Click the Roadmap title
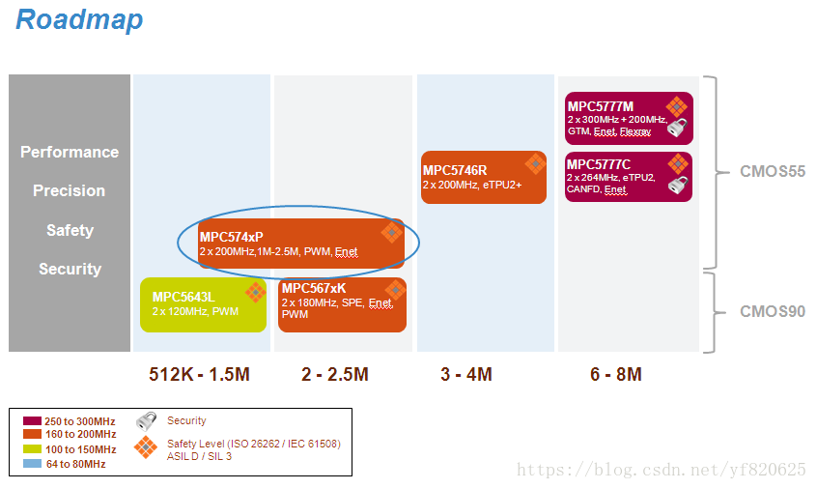[79, 19]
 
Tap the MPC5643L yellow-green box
[203, 304]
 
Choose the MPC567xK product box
[342, 304]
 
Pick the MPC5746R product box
[483, 177]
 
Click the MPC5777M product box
[628, 118]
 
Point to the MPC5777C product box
[628, 177]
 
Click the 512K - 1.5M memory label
[200, 374]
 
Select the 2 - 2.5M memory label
[334, 374]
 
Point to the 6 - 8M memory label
[616, 374]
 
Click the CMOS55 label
[773, 172]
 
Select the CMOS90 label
[773, 311]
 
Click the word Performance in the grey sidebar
[70, 152]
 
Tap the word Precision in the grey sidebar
[70, 190]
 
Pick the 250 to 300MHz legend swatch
[32, 421]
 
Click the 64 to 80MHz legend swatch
[32, 464]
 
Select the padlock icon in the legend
[147, 420]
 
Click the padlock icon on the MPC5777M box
[679, 129]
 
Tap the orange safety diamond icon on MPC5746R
[534, 163]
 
